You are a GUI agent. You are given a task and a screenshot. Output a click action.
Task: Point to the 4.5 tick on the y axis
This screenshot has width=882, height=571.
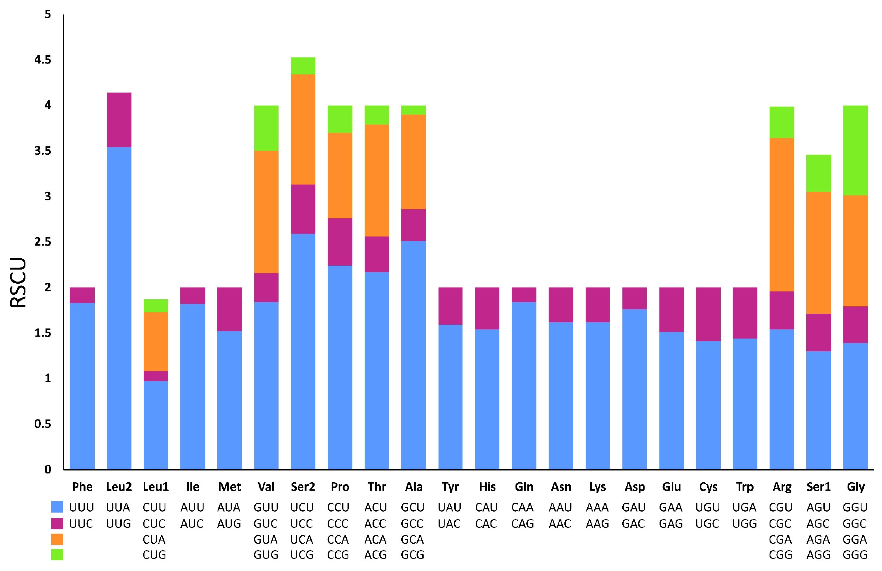click(x=43, y=60)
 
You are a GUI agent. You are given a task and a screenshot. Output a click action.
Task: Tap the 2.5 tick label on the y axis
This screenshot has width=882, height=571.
click(x=43, y=242)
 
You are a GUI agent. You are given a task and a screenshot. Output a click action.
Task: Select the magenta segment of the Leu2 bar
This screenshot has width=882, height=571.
click(x=119, y=120)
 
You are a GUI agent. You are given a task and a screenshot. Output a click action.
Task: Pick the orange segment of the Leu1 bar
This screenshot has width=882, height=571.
click(x=156, y=341)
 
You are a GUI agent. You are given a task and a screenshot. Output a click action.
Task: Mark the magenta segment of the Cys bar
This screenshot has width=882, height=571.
click(x=708, y=314)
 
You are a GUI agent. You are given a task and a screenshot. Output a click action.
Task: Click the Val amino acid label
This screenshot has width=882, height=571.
click(x=266, y=486)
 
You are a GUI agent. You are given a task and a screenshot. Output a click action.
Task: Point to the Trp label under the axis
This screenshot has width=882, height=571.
click(x=745, y=486)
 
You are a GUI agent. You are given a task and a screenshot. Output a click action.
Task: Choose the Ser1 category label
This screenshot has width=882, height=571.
click(x=819, y=486)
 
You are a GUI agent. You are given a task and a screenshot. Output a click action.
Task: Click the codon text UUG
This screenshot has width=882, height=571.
click(x=119, y=523)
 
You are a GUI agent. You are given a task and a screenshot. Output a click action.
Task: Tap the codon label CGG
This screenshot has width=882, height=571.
click(x=781, y=555)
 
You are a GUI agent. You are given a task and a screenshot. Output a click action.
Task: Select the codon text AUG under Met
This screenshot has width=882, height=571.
click(x=229, y=523)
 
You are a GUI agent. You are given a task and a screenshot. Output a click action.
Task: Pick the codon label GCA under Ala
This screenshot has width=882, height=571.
click(x=412, y=539)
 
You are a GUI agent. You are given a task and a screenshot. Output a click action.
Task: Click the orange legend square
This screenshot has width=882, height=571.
click(x=57, y=539)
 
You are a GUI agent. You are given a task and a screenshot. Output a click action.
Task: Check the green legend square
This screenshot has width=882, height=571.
click(x=57, y=555)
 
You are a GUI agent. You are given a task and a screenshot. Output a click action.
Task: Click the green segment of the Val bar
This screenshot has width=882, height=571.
click(x=266, y=128)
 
